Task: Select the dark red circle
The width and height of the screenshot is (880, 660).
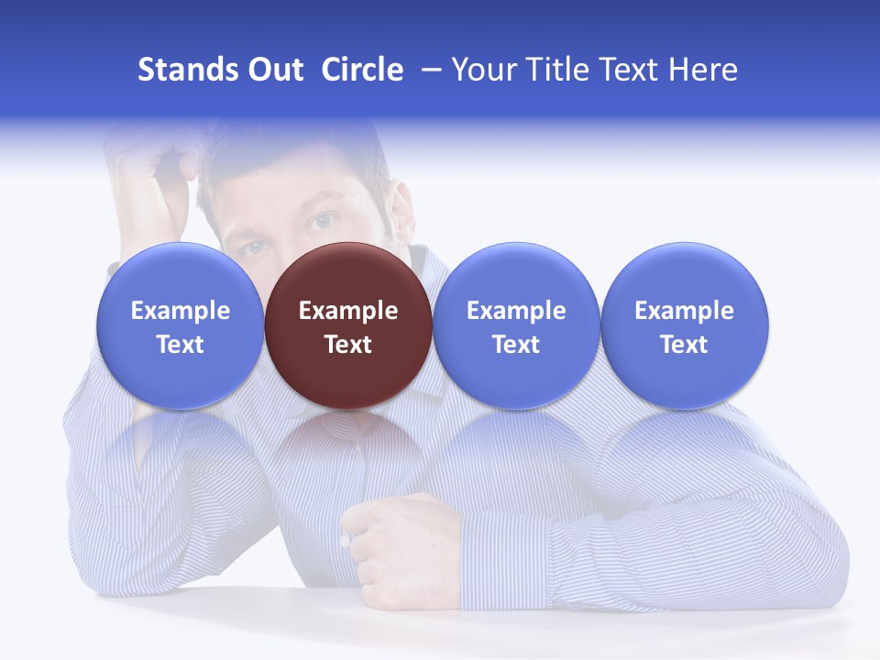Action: (348, 325)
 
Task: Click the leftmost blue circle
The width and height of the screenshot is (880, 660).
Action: (181, 325)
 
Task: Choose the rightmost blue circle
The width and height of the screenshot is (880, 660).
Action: (685, 325)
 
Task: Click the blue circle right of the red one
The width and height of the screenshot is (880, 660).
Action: (516, 325)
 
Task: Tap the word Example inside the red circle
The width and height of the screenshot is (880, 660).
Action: (348, 311)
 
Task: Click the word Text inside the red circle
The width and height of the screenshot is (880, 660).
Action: (348, 345)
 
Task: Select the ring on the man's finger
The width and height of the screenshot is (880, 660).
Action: (345, 540)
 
